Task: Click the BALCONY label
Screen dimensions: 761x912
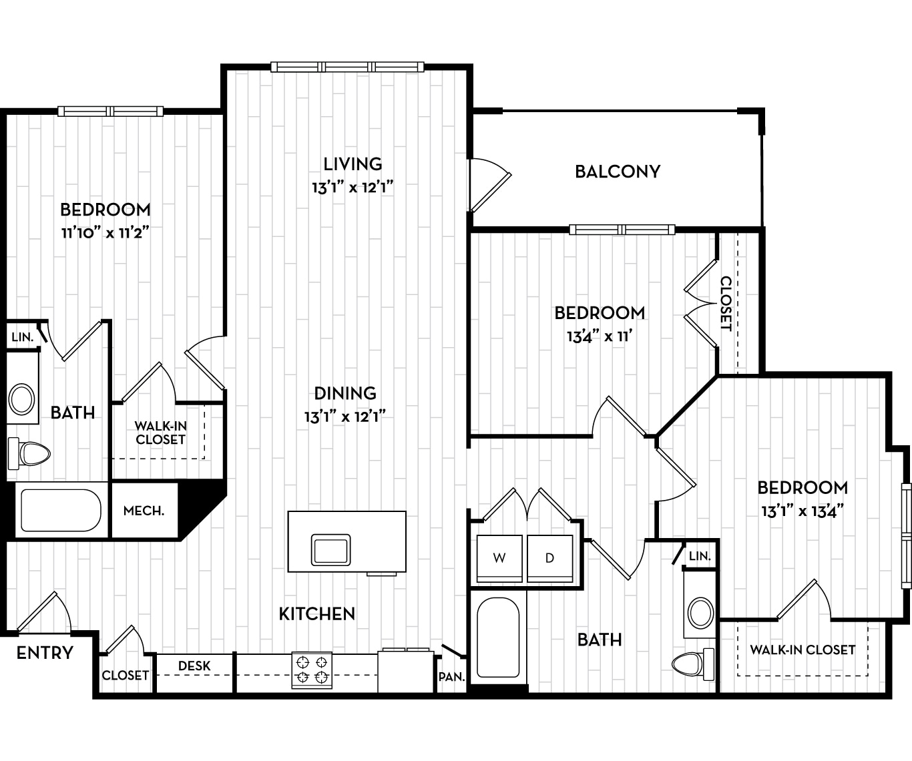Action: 617,172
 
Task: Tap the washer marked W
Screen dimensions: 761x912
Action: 499,558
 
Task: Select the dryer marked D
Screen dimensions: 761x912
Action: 549,558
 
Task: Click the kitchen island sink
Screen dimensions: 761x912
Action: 330,550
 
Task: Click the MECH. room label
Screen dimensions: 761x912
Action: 144,511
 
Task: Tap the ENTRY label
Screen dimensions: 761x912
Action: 45,653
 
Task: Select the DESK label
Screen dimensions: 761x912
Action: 194,666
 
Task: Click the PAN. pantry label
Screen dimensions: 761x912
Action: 451,677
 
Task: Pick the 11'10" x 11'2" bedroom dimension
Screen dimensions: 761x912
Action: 104,233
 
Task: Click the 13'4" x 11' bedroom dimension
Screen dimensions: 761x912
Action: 599,336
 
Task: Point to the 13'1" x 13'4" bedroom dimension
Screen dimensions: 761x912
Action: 802,511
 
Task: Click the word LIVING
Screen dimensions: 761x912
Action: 353,164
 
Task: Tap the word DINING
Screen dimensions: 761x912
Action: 345,393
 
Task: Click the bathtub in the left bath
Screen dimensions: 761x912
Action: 60,511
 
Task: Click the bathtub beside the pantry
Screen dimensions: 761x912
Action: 498,638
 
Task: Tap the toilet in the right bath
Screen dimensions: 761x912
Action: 692,663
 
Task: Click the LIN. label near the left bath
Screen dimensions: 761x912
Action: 22,337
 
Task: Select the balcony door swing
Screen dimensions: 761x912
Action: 489,184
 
